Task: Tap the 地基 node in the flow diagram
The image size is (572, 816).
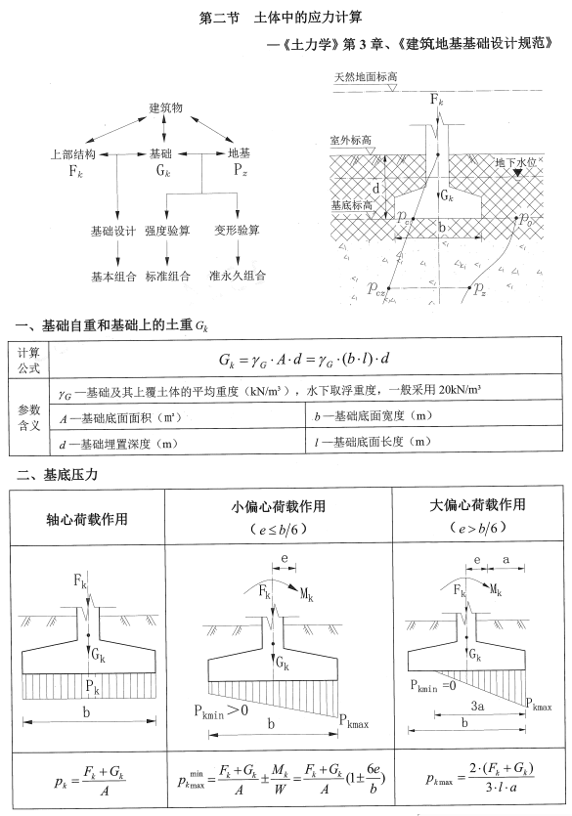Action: coord(239,153)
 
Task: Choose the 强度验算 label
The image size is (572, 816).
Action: coord(167,231)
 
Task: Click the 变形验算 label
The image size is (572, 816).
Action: coord(237,231)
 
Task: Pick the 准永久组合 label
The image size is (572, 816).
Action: coord(237,276)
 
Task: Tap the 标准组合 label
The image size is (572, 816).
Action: coord(167,276)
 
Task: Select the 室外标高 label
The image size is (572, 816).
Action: coord(352,141)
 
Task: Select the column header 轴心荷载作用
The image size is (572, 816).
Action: coord(87,518)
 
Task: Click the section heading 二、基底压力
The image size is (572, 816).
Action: coord(59,475)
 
